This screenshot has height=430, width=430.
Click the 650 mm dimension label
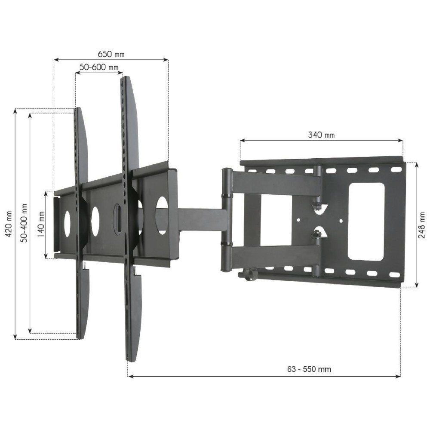point(111,54)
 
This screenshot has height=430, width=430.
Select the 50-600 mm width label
point(99,68)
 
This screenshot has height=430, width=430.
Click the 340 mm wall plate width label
point(321,135)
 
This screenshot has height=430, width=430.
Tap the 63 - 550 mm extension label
point(309,369)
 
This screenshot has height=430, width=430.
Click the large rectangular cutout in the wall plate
point(365,221)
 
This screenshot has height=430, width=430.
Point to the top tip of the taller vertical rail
point(125,78)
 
